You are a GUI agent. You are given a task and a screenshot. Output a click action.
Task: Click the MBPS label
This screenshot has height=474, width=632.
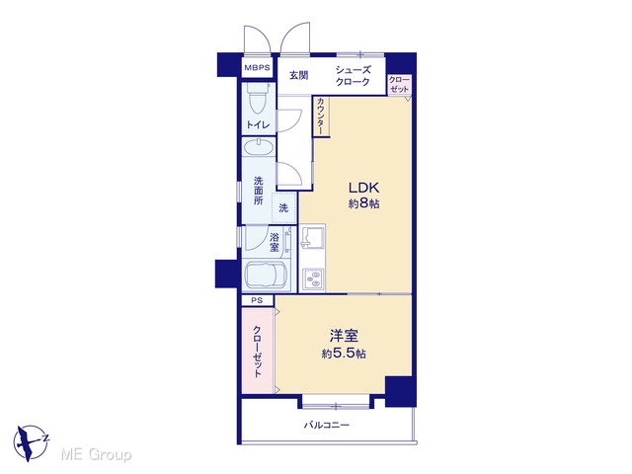(x=257, y=68)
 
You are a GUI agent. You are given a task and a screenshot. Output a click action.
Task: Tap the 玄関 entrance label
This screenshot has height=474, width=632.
(x=299, y=75)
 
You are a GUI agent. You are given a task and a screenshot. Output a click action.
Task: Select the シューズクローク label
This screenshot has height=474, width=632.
(x=353, y=76)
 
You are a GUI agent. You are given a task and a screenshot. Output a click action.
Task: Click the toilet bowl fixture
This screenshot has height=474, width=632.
(x=259, y=99)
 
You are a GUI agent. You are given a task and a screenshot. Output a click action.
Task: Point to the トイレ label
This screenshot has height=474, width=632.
(x=258, y=125)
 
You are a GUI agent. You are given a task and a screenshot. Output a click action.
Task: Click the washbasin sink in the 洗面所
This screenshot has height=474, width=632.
(x=259, y=147)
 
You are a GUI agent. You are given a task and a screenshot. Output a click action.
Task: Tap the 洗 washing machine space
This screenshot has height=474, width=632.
(x=284, y=208)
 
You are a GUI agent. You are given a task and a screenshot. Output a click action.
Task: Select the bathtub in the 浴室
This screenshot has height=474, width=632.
(x=266, y=275)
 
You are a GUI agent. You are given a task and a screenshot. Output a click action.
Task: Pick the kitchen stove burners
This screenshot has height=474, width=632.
(x=314, y=279)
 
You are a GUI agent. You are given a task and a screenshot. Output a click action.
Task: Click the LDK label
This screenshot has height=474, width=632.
(x=363, y=188)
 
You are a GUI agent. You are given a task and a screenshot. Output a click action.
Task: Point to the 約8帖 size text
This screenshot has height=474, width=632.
(x=363, y=203)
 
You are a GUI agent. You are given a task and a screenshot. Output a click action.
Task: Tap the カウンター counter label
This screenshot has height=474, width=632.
(x=321, y=117)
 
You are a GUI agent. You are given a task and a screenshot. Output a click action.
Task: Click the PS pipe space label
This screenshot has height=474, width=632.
(x=257, y=300)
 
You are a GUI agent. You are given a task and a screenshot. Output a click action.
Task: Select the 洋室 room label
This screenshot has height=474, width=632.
(x=344, y=336)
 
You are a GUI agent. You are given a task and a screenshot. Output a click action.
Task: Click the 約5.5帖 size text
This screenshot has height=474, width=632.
(x=344, y=354)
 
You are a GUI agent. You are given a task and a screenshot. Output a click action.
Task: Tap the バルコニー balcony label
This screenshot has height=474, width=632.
(x=327, y=425)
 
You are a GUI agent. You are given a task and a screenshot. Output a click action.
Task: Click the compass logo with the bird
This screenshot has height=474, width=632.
(x=31, y=442)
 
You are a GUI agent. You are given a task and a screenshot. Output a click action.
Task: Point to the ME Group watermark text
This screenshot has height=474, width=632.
(x=96, y=454)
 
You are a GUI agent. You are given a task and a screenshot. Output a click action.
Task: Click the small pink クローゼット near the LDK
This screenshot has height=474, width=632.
(x=399, y=85)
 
